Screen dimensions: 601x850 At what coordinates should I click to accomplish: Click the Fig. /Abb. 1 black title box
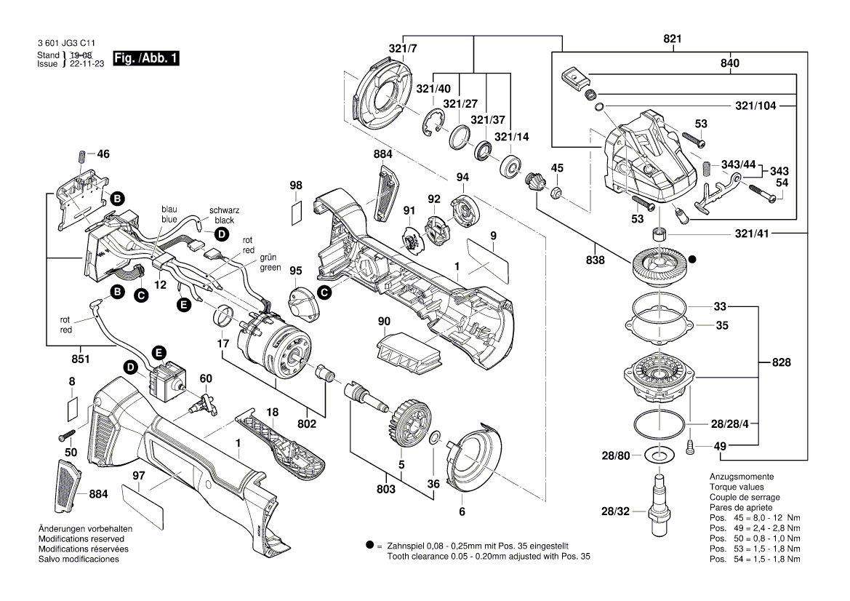[146, 58]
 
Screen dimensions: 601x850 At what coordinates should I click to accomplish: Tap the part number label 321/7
[403, 49]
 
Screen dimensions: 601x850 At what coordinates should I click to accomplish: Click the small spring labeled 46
[82, 156]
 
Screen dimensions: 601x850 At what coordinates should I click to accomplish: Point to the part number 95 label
[295, 271]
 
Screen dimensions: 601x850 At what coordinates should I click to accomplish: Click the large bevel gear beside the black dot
[660, 265]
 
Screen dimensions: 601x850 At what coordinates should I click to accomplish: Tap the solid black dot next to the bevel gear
[693, 258]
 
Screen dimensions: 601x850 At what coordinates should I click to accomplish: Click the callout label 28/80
[615, 455]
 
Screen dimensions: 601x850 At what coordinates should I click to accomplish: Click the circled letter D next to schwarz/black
[220, 234]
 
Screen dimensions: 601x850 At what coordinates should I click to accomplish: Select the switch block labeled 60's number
[206, 378]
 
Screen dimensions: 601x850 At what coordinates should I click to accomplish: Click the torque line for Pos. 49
[755, 528]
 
